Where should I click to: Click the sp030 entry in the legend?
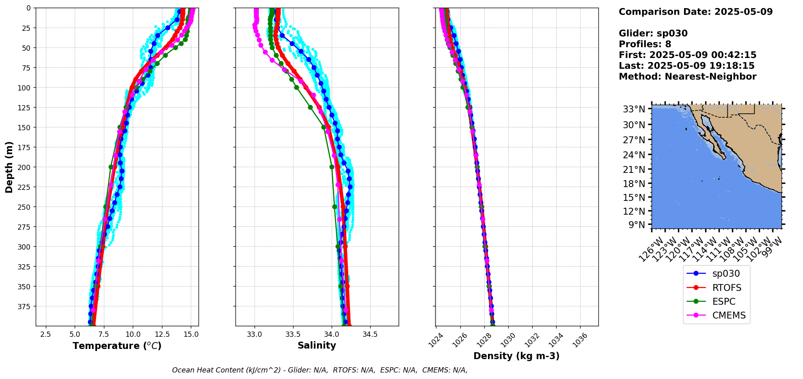[x=726, y=273]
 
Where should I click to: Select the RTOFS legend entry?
[x=727, y=288]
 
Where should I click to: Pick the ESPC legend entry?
[x=724, y=301]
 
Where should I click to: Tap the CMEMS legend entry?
[x=729, y=315]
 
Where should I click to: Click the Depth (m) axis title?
[x=9, y=167]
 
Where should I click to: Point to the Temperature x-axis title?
[x=117, y=346]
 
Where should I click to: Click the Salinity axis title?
[x=317, y=346]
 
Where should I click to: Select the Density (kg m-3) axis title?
[x=516, y=356]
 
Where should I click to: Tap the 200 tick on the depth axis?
[x=25, y=167]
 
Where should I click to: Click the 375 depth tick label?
[x=25, y=306]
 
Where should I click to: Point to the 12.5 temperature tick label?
[x=162, y=335]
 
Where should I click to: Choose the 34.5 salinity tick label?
[x=370, y=335]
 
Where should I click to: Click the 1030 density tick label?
[x=508, y=339]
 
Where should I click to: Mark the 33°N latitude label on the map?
[x=634, y=109]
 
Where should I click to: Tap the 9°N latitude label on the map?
[x=637, y=225]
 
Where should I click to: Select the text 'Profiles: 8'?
[x=645, y=44]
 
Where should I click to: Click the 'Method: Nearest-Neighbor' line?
[x=687, y=77]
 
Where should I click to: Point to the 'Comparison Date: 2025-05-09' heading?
[x=695, y=12]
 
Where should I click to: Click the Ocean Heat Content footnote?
[x=319, y=370]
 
